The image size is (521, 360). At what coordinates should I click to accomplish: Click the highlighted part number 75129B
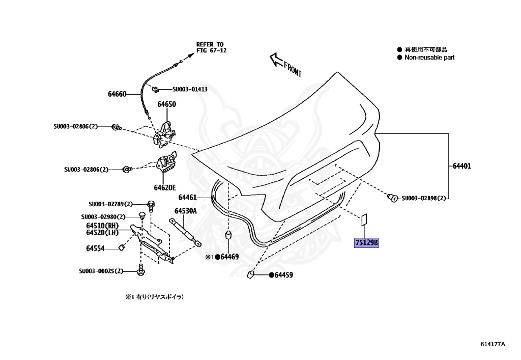tap(366, 243)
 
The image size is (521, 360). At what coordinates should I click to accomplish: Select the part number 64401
tap(462, 166)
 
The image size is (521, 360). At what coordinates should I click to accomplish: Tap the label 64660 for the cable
tap(117, 94)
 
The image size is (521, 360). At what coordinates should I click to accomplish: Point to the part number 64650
tap(166, 104)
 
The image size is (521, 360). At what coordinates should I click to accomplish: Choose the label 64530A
tap(185, 210)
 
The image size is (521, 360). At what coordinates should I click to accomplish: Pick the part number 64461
tap(187, 197)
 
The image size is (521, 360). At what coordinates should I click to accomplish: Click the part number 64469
tap(229, 257)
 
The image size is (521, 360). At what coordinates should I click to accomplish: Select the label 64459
tap(283, 275)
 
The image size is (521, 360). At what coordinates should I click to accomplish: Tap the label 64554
tap(95, 248)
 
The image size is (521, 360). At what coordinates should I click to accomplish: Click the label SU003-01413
tap(190, 89)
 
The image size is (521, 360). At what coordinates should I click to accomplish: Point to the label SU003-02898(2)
tap(423, 198)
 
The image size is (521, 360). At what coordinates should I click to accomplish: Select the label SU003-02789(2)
tap(110, 204)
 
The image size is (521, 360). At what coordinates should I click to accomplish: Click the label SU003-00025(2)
tap(101, 271)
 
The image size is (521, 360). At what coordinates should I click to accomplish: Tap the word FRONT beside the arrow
tap(293, 69)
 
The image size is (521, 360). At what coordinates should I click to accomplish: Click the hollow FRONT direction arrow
tap(276, 60)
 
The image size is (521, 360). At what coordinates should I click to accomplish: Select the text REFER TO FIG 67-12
tap(210, 47)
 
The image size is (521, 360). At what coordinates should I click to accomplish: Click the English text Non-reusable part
tap(429, 58)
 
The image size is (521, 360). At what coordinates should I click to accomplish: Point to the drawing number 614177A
tap(493, 344)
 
